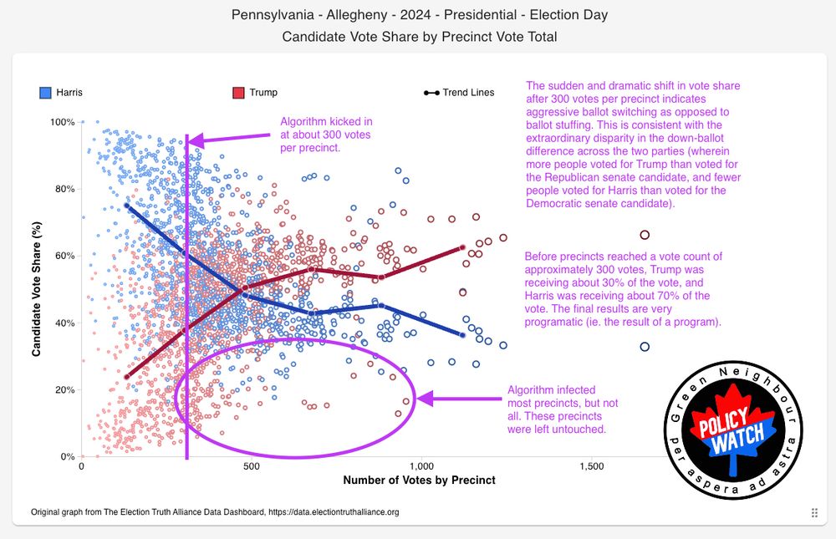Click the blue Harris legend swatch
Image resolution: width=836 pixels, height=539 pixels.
point(46,92)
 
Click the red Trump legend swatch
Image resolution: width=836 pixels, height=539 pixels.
point(238,92)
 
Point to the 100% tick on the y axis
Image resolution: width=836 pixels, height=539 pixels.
point(63,122)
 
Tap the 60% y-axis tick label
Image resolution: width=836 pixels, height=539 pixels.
point(64,256)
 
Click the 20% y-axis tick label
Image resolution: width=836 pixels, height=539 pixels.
point(64,389)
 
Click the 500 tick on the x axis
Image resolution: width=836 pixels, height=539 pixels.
point(251,466)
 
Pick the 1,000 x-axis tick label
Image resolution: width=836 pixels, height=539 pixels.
point(421,466)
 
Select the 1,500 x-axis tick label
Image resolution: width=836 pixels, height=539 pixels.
point(591,466)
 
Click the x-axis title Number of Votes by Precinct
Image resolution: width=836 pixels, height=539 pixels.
point(419,481)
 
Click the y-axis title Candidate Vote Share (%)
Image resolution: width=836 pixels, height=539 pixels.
point(37,289)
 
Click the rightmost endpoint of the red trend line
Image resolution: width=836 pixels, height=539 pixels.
point(462,247)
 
